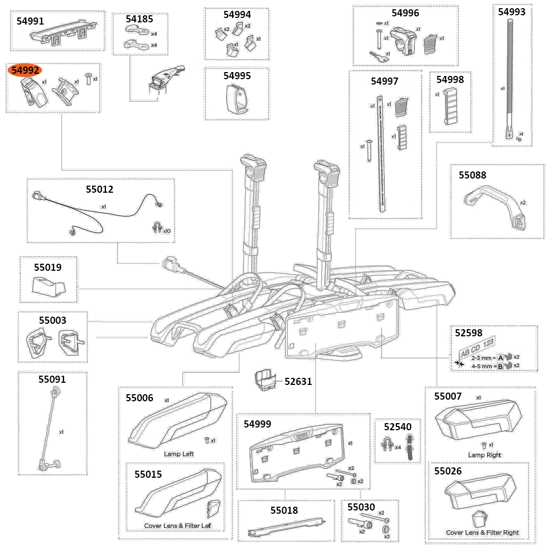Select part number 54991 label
click(31, 21)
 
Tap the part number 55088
click(472, 175)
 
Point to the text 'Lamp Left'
click(179, 454)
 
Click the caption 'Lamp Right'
click(484, 455)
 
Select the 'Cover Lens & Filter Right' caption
click(482, 532)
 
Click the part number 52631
click(298, 382)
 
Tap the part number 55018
click(284, 510)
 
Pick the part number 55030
click(361, 507)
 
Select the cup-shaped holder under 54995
click(236, 99)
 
